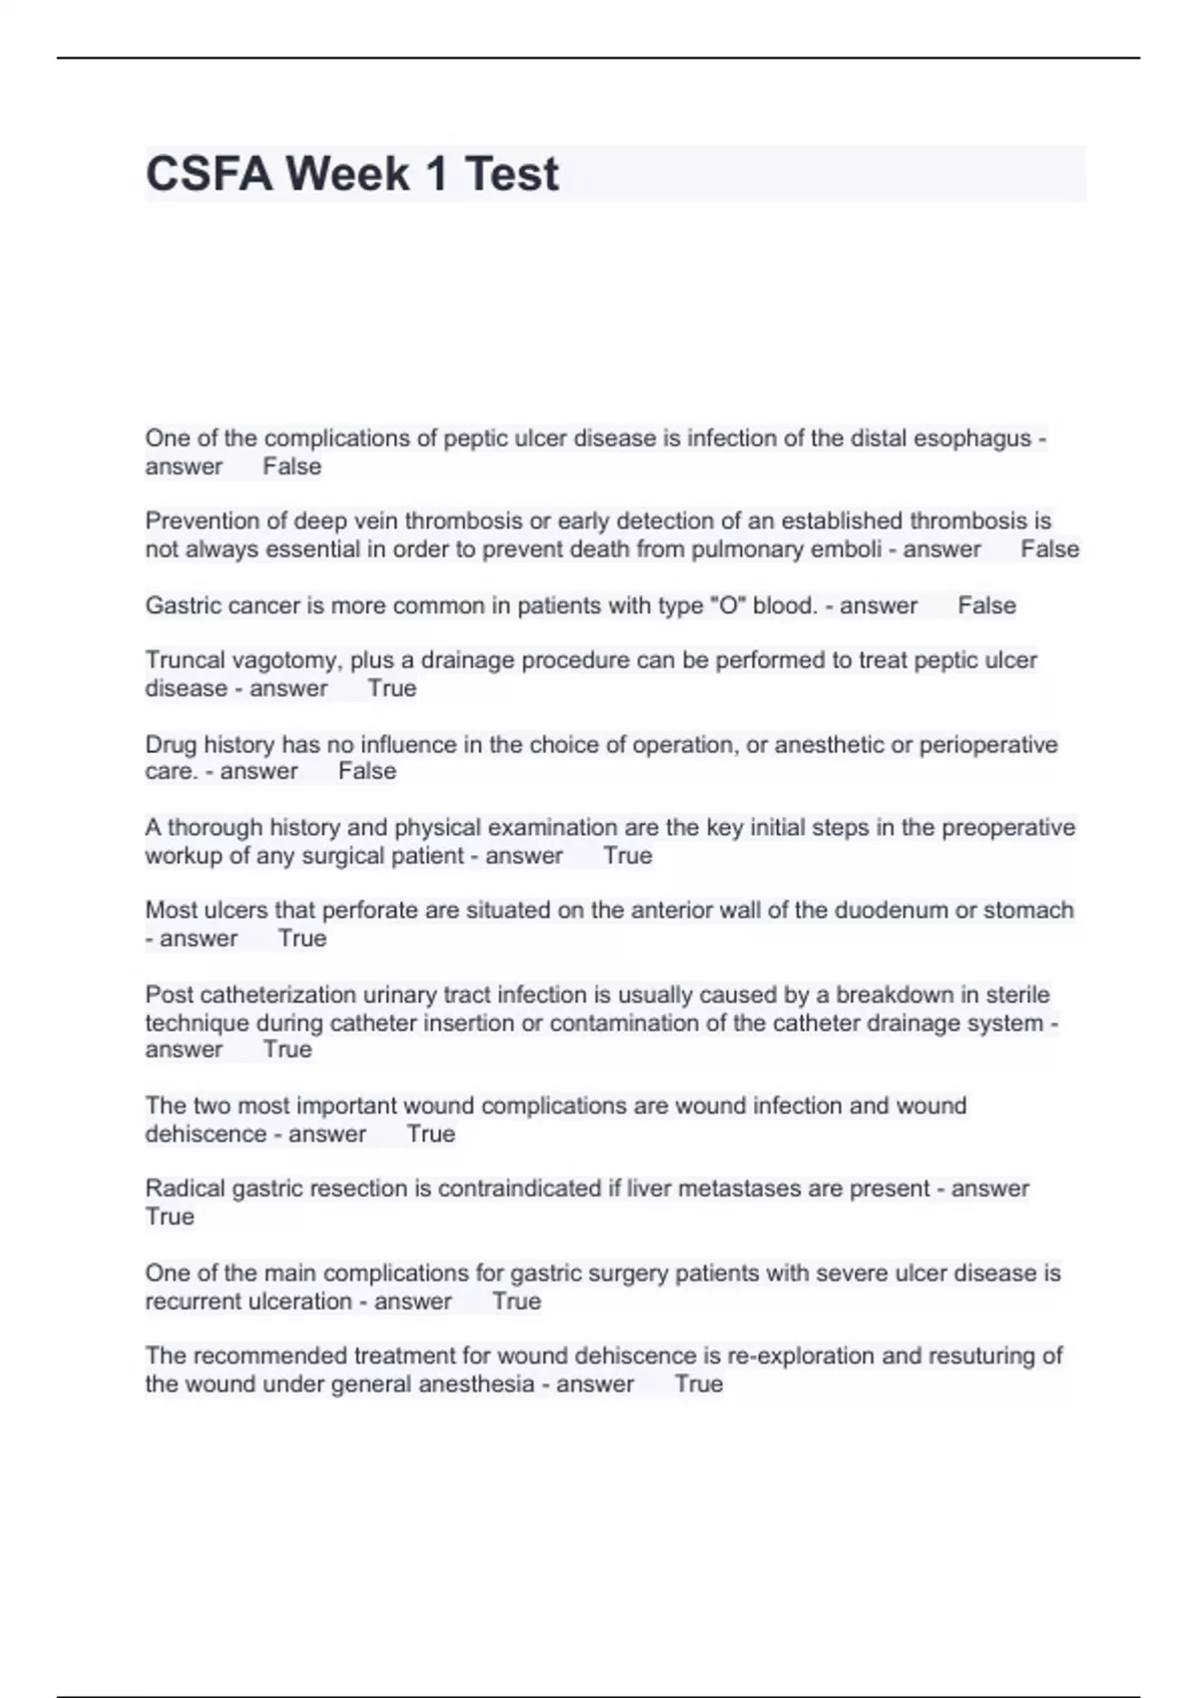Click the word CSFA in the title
tap(209, 174)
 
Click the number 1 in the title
tap(435, 174)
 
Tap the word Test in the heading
tap(511, 174)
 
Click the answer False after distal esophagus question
tap(293, 466)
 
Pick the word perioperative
tap(987, 745)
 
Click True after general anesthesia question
tap(699, 1384)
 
